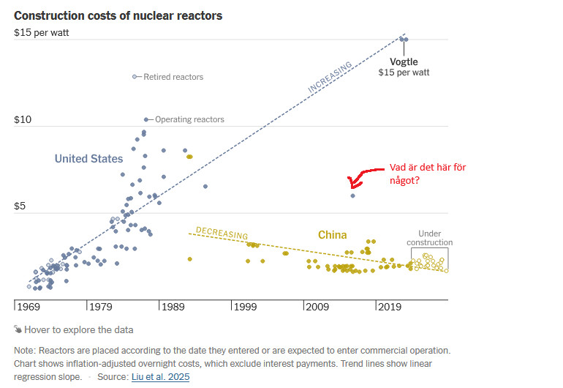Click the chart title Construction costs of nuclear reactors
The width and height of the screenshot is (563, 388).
(118, 15)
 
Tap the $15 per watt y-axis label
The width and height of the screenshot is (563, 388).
(42, 32)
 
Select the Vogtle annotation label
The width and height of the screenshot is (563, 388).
(404, 61)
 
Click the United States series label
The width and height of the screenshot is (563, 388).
(88, 159)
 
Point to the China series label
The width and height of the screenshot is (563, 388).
(332, 235)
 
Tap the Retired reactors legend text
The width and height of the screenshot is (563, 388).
(173, 77)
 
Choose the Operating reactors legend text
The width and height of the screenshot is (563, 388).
(189, 119)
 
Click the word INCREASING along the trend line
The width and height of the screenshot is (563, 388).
(330, 77)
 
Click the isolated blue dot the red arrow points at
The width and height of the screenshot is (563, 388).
(352, 195)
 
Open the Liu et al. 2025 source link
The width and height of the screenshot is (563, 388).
(161, 376)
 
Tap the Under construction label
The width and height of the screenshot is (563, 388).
(429, 238)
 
